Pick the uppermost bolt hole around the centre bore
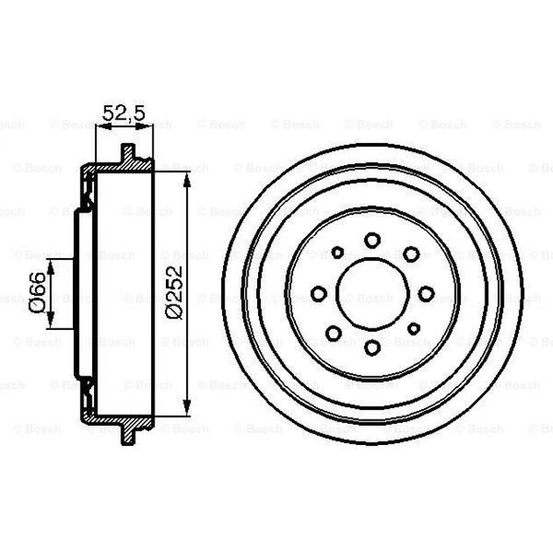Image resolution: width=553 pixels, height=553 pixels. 372,239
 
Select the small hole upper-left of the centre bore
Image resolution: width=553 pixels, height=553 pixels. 336,253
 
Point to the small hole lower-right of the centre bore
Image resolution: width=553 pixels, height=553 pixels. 411,327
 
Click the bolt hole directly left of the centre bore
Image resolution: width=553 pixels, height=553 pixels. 320,293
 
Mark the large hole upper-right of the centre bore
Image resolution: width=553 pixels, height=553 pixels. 411,255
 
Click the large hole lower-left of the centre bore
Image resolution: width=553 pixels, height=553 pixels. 335,332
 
